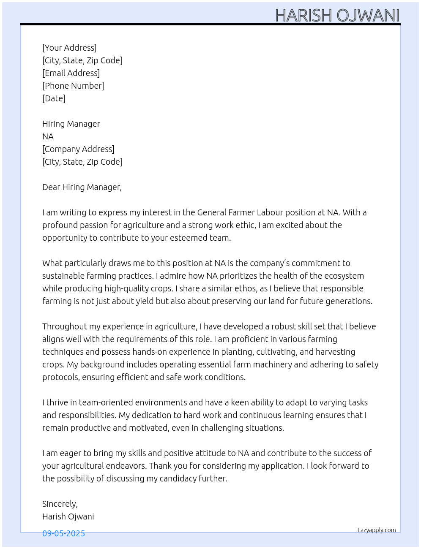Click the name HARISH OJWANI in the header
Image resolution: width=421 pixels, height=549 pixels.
click(x=337, y=16)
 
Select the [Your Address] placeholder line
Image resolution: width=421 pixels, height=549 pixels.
click(x=69, y=48)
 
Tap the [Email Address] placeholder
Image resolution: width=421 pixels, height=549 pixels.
click(x=71, y=73)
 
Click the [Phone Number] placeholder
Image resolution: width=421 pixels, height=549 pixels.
click(x=73, y=86)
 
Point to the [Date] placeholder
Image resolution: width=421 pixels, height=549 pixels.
click(x=54, y=98)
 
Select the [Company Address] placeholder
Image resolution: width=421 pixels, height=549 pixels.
click(x=78, y=149)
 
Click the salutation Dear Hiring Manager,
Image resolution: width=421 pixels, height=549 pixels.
click(x=82, y=187)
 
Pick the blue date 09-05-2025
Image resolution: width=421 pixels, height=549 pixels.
click(x=63, y=533)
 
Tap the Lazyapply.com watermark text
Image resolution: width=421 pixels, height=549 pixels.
click(x=377, y=530)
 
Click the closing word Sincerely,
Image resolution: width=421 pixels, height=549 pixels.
click(x=60, y=504)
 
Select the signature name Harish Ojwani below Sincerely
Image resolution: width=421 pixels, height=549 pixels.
click(x=68, y=516)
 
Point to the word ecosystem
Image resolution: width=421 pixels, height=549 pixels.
click(x=344, y=276)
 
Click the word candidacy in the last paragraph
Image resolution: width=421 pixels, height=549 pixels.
click(x=180, y=478)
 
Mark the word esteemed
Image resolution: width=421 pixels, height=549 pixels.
click(x=189, y=238)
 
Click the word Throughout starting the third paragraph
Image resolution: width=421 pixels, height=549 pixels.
click(x=65, y=326)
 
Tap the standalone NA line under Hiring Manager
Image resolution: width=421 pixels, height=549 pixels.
click(x=48, y=136)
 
